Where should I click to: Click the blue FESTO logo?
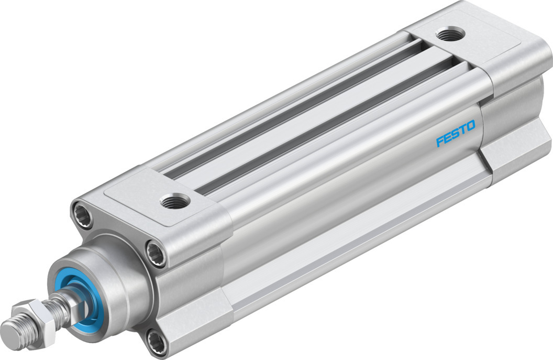(x=456, y=134)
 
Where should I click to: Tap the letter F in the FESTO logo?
(x=440, y=142)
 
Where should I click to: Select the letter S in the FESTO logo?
(x=455, y=134)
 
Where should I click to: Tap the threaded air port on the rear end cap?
(x=446, y=35)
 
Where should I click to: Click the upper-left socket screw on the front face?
(x=84, y=211)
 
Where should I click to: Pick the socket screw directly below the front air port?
(x=156, y=251)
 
